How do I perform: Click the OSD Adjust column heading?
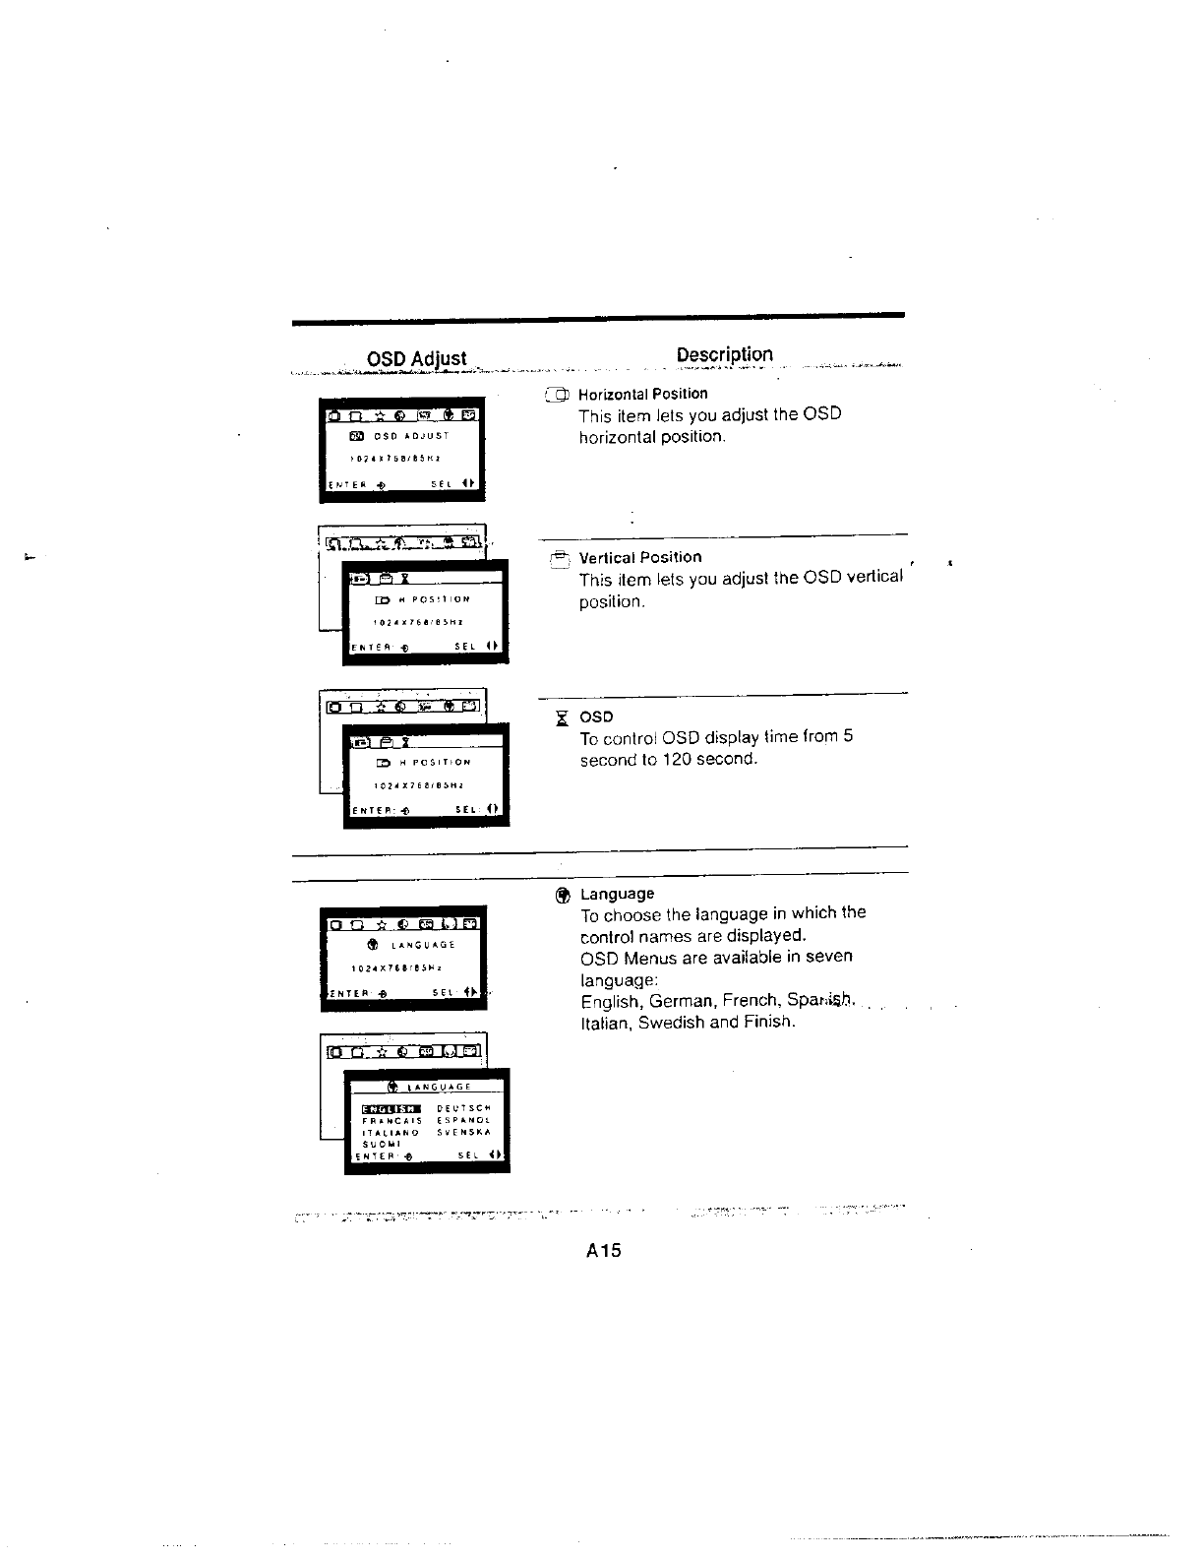pos(416,358)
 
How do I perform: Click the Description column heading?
pos(724,354)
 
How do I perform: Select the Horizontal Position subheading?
pos(642,394)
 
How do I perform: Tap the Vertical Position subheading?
pos(640,557)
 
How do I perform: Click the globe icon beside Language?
pos(562,895)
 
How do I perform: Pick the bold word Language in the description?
pos(617,894)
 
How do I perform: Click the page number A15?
pos(603,1251)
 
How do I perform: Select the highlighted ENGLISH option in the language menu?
pos(391,1107)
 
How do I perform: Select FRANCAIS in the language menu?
pos(391,1120)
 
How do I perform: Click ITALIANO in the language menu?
pos(391,1132)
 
